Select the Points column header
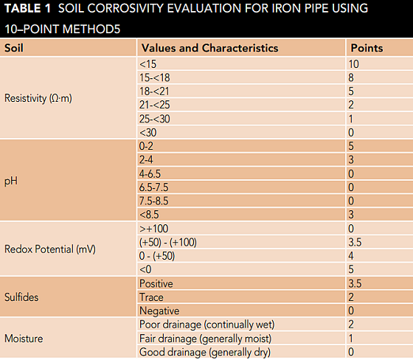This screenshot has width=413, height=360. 367,48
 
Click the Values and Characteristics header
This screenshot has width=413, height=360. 209,48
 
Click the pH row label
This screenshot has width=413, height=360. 10,179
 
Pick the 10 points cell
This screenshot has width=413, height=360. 355,64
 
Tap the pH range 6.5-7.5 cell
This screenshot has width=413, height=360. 153,187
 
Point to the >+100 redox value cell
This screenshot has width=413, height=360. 153,229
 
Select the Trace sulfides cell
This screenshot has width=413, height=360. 150,297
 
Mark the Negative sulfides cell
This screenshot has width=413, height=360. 157,311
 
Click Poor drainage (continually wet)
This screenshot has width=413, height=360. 206,325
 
